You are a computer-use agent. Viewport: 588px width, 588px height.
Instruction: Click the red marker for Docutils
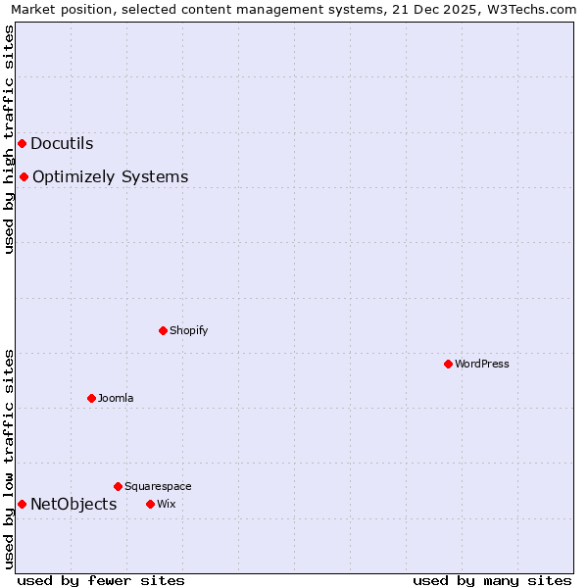click(x=22, y=144)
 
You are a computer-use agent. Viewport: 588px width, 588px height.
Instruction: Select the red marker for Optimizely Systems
click(x=24, y=177)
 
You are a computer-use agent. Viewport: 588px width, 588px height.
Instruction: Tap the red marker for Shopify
click(x=163, y=330)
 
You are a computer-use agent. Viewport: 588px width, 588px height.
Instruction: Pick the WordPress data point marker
click(x=448, y=364)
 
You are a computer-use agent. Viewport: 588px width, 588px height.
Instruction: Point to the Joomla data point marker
click(x=91, y=398)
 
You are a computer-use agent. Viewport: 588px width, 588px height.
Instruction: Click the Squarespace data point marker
click(x=118, y=486)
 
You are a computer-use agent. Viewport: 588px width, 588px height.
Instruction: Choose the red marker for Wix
click(x=150, y=504)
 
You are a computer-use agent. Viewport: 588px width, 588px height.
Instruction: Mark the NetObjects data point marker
click(x=22, y=504)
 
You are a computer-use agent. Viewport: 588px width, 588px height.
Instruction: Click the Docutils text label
click(x=62, y=144)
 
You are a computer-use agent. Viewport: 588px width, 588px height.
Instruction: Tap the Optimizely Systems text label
click(x=110, y=177)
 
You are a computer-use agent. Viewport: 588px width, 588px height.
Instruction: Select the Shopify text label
click(x=188, y=330)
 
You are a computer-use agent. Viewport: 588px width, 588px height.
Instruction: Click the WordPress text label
click(x=481, y=364)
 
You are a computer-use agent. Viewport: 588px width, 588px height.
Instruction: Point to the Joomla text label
click(x=115, y=398)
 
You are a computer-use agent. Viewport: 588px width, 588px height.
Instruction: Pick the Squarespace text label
click(x=158, y=486)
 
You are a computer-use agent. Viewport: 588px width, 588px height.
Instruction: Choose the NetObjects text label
click(x=73, y=505)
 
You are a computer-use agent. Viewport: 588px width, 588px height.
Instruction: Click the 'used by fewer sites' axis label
click(x=101, y=580)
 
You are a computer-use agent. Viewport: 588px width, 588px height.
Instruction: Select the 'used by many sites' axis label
click(x=492, y=580)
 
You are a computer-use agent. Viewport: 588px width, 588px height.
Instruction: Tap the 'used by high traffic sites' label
click(x=9, y=139)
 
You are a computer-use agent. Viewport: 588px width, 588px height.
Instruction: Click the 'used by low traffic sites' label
click(x=9, y=458)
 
